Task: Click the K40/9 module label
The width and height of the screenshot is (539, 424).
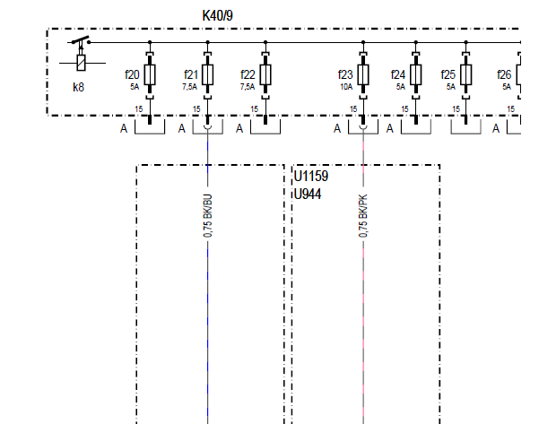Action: (218, 16)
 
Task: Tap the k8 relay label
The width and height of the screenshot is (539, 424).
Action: (78, 87)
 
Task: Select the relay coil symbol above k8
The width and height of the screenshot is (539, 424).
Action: (81, 63)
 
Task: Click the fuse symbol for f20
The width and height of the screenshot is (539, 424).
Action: (150, 74)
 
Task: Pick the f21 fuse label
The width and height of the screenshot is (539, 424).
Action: (191, 74)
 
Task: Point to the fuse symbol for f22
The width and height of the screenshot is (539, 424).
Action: (265, 74)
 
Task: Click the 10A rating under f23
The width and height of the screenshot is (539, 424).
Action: (346, 87)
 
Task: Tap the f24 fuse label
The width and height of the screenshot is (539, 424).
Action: (398, 74)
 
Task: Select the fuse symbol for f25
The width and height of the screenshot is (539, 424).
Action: (465, 74)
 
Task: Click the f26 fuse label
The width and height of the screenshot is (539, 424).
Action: (504, 74)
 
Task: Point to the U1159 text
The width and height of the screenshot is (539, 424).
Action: (311, 177)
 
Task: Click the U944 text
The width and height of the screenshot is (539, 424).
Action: (308, 195)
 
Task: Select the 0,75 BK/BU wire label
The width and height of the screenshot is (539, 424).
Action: (208, 216)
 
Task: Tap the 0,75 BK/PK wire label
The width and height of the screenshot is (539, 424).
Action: (363, 216)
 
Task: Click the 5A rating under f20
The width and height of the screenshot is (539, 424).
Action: (135, 87)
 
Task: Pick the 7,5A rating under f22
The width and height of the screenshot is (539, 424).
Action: (248, 87)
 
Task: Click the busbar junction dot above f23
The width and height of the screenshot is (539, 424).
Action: (363, 42)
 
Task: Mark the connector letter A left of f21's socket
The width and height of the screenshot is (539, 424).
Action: (181, 128)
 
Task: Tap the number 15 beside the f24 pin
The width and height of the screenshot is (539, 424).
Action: (405, 109)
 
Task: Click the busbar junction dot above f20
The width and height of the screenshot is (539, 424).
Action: (150, 42)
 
